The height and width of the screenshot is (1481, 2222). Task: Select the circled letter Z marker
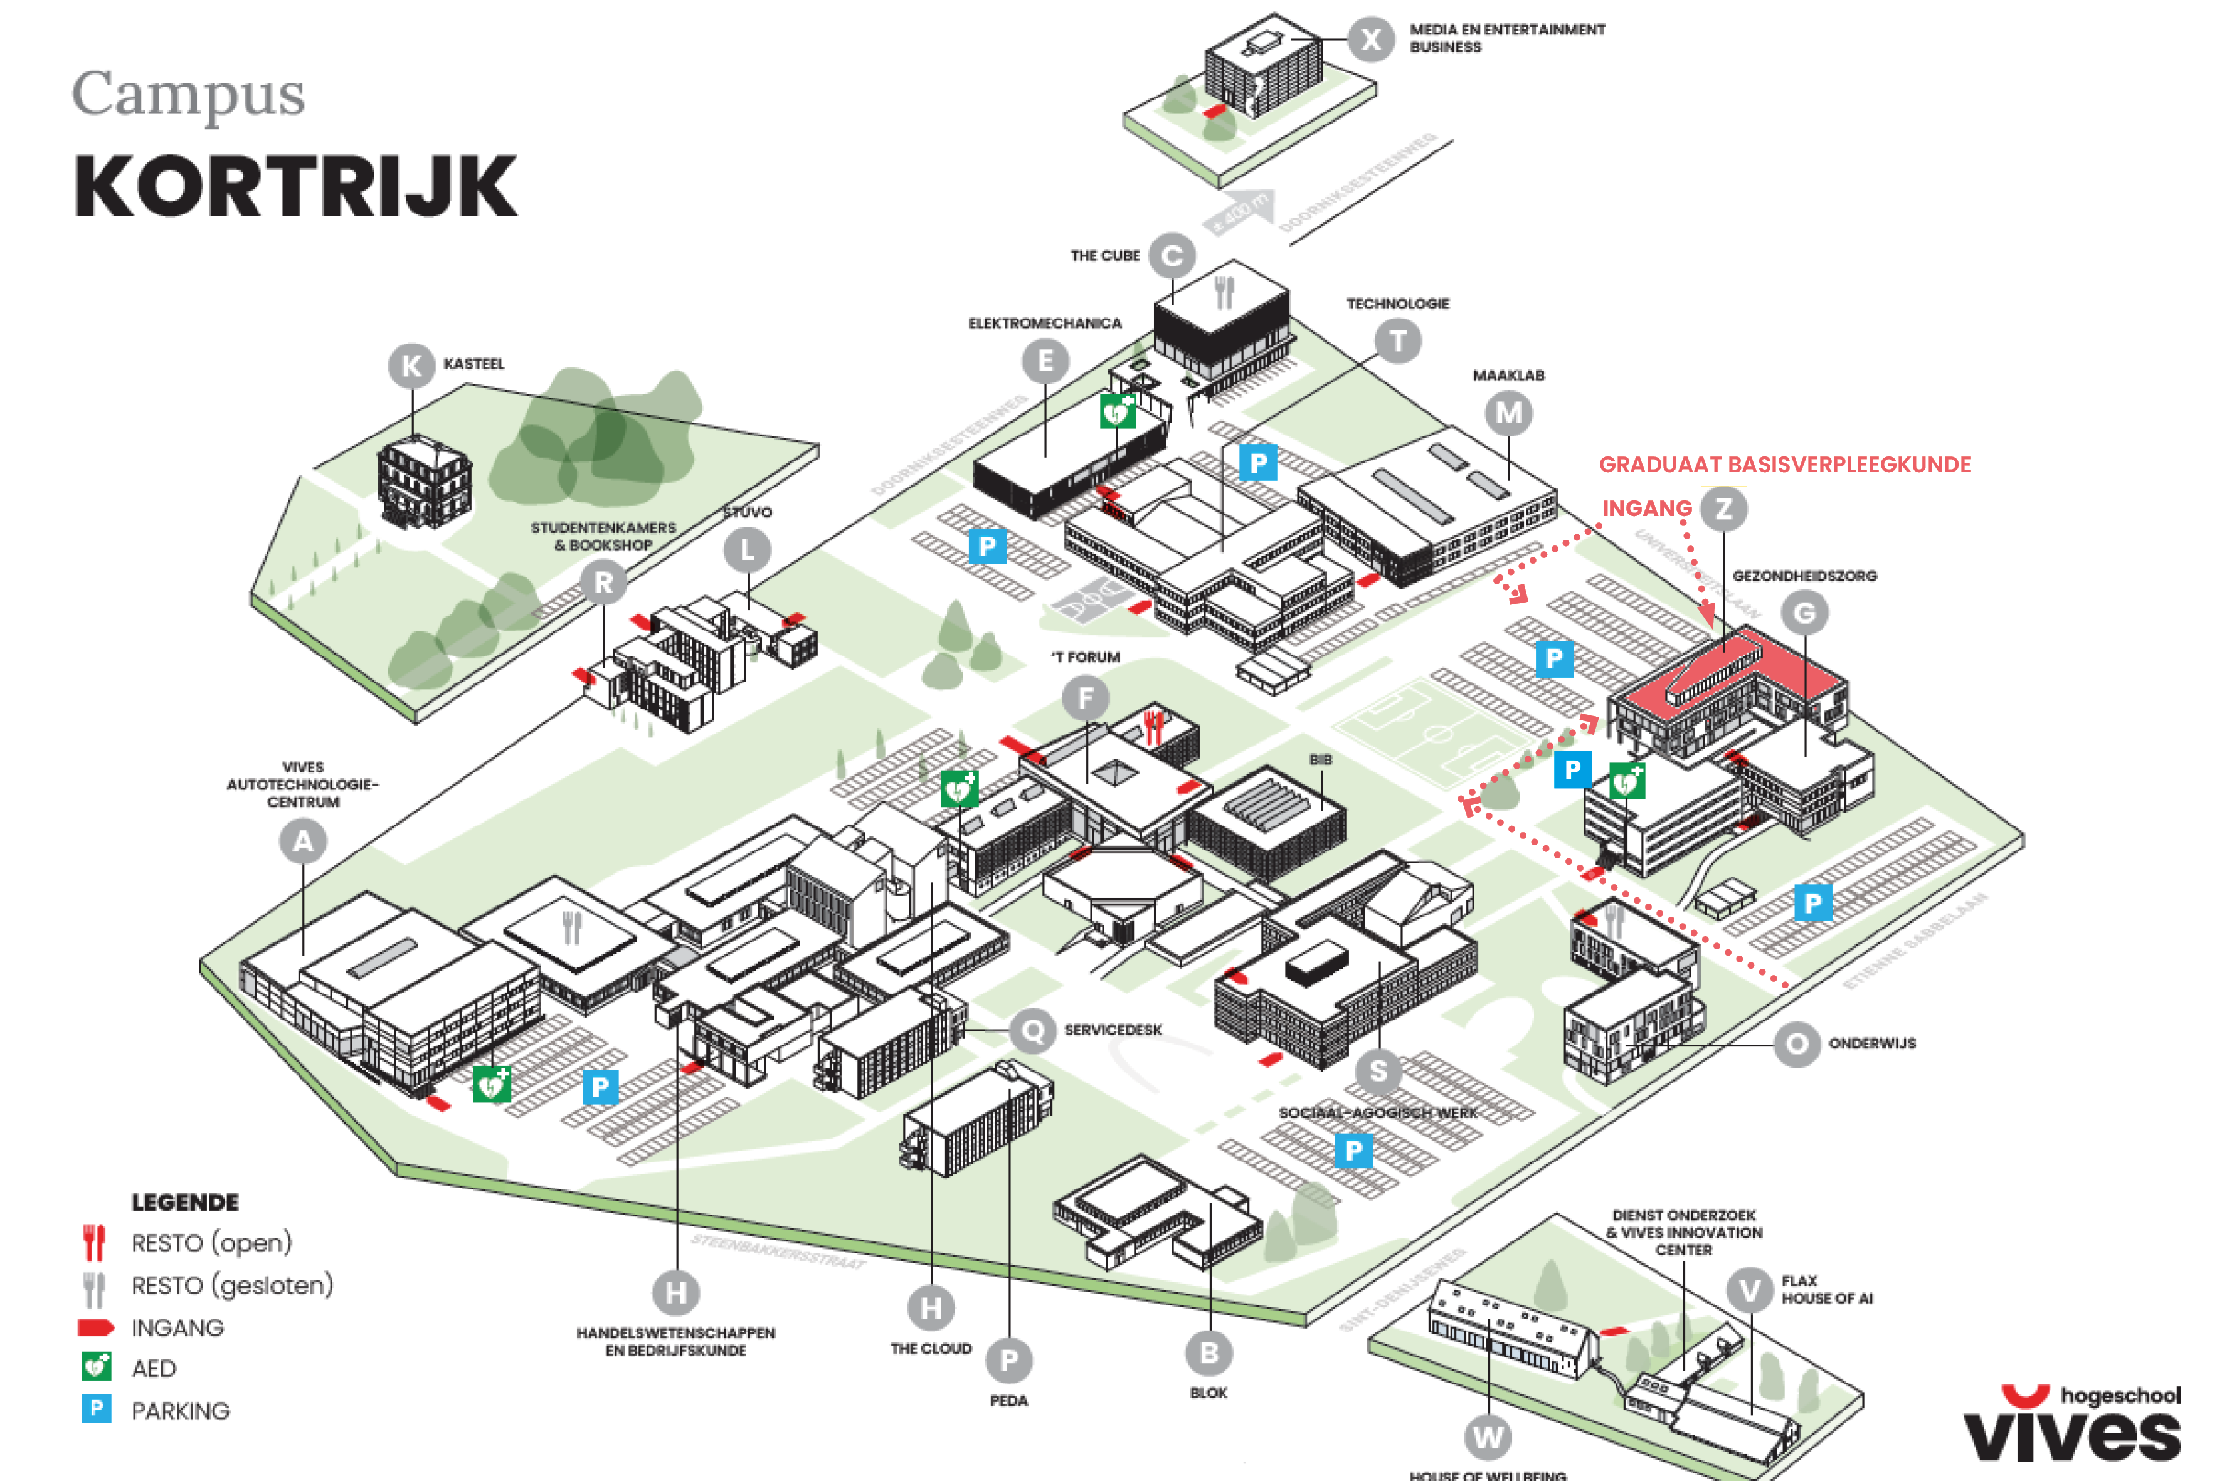(1723, 509)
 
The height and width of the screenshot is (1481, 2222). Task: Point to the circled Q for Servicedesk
(1034, 1030)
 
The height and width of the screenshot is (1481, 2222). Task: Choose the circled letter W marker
(1488, 1438)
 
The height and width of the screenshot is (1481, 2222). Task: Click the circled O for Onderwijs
(1796, 1044)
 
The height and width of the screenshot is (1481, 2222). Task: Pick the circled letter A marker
(304, 841)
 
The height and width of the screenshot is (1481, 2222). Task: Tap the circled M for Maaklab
(1509, 413)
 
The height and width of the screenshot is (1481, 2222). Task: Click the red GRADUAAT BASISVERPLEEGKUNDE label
(1785, 465)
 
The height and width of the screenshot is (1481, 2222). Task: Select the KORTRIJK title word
(295, 187)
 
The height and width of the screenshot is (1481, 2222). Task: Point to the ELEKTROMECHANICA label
(1044, 323)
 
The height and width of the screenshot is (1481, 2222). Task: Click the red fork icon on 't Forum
(1153, 726)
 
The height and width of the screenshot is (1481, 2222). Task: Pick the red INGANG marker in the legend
(95, 1327)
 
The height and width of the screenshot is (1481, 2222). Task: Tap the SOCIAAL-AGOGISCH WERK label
(1377, 1113)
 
